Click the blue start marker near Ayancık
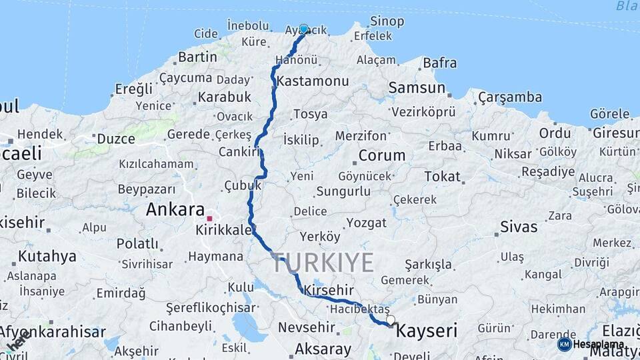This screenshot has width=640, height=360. (304, 29)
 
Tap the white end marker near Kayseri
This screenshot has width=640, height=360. (390, 320)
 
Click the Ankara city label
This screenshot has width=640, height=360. (175, 209)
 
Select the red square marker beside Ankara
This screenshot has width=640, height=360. (209, 219)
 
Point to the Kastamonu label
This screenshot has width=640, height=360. (313, 81)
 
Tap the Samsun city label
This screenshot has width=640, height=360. (417, 87)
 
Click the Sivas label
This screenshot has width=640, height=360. (519, 227)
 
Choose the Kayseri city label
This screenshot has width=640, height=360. (427, 330)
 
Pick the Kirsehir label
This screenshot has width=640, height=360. (328, 291)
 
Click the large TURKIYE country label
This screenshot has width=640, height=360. (323, 263)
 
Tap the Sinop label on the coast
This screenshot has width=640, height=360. (387, 21)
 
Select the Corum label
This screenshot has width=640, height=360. (382, 155)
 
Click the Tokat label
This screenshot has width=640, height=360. (443, 177)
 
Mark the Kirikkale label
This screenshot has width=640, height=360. (224, 230)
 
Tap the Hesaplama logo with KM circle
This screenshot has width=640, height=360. (590, 345)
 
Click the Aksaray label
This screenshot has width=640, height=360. (323, 349)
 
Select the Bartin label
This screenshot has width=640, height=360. (198, 57)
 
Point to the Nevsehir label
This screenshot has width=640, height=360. (306, 327)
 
